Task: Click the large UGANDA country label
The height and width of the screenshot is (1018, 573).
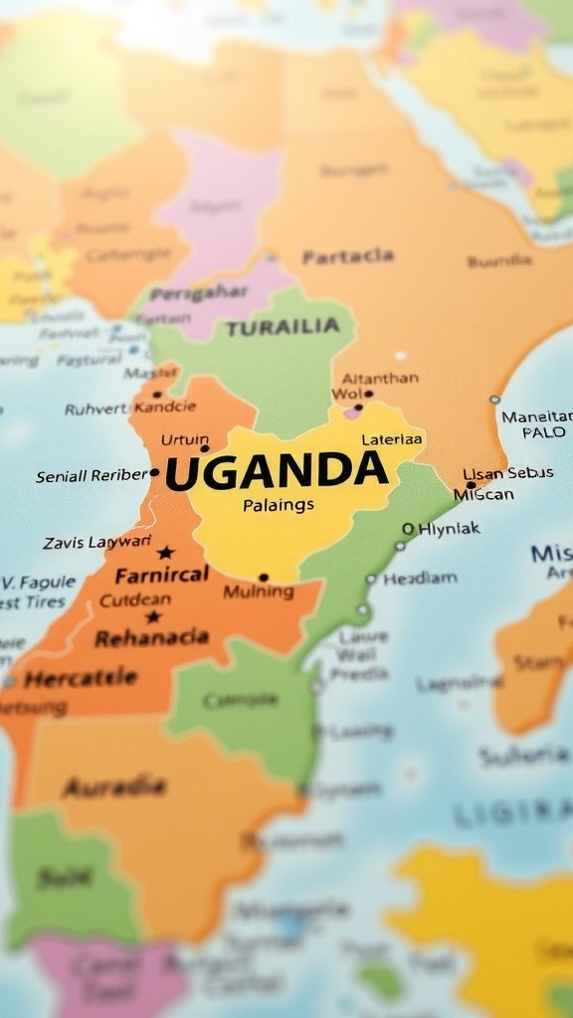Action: [x=276, y=471]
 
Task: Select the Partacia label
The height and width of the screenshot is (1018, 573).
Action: [x=348, y=256]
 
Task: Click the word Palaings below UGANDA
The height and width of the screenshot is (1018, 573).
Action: [x=279, y=505]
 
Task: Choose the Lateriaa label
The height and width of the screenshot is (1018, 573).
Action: [x=392, y=438]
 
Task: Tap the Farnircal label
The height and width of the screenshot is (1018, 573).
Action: [x=162, y=575]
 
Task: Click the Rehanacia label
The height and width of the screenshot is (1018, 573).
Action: [x=151, y=637]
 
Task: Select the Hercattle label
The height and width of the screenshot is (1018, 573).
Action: [x=81, y=679]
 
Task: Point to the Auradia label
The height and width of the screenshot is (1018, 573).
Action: [x=113, y=787]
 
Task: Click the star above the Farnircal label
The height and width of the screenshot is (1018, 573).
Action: [x=165, y=553]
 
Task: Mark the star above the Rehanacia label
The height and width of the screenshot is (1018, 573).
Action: [x=153, y=616]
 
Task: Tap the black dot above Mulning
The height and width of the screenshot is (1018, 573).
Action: [x=264, y=577]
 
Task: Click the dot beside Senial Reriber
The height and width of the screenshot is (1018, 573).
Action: [x=154, y=473]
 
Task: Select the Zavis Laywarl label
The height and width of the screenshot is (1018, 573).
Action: [x=97, y=542]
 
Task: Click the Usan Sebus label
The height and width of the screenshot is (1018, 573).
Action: [x=508, y=473]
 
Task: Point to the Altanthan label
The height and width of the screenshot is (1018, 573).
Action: [x=380, y=378]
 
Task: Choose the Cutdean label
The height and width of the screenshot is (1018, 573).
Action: [x=135, y=599]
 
